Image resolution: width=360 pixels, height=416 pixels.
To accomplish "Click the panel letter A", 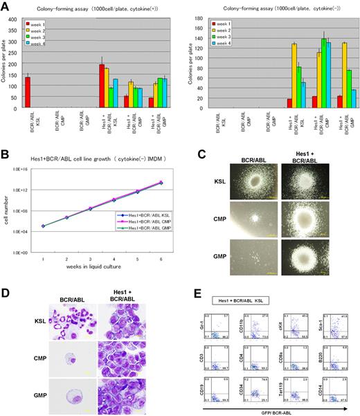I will [6, 6].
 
